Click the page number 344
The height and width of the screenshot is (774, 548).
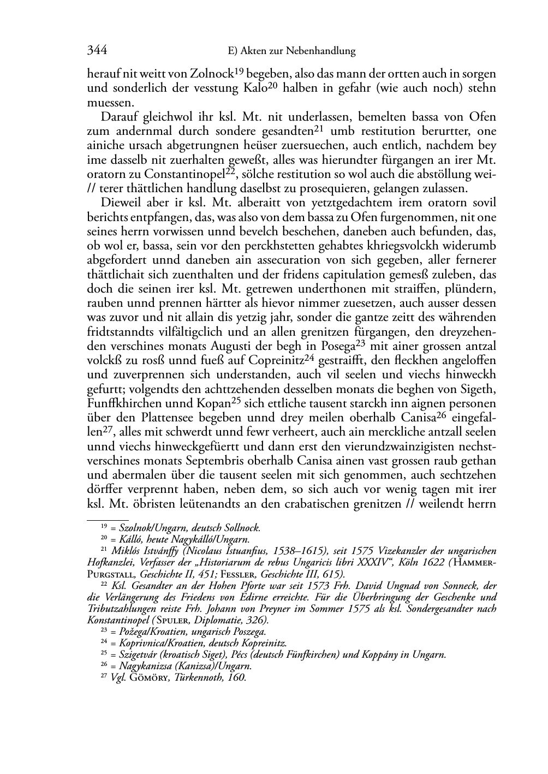(x=97, y=51)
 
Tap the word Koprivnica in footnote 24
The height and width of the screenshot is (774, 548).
(x=141, y=643)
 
